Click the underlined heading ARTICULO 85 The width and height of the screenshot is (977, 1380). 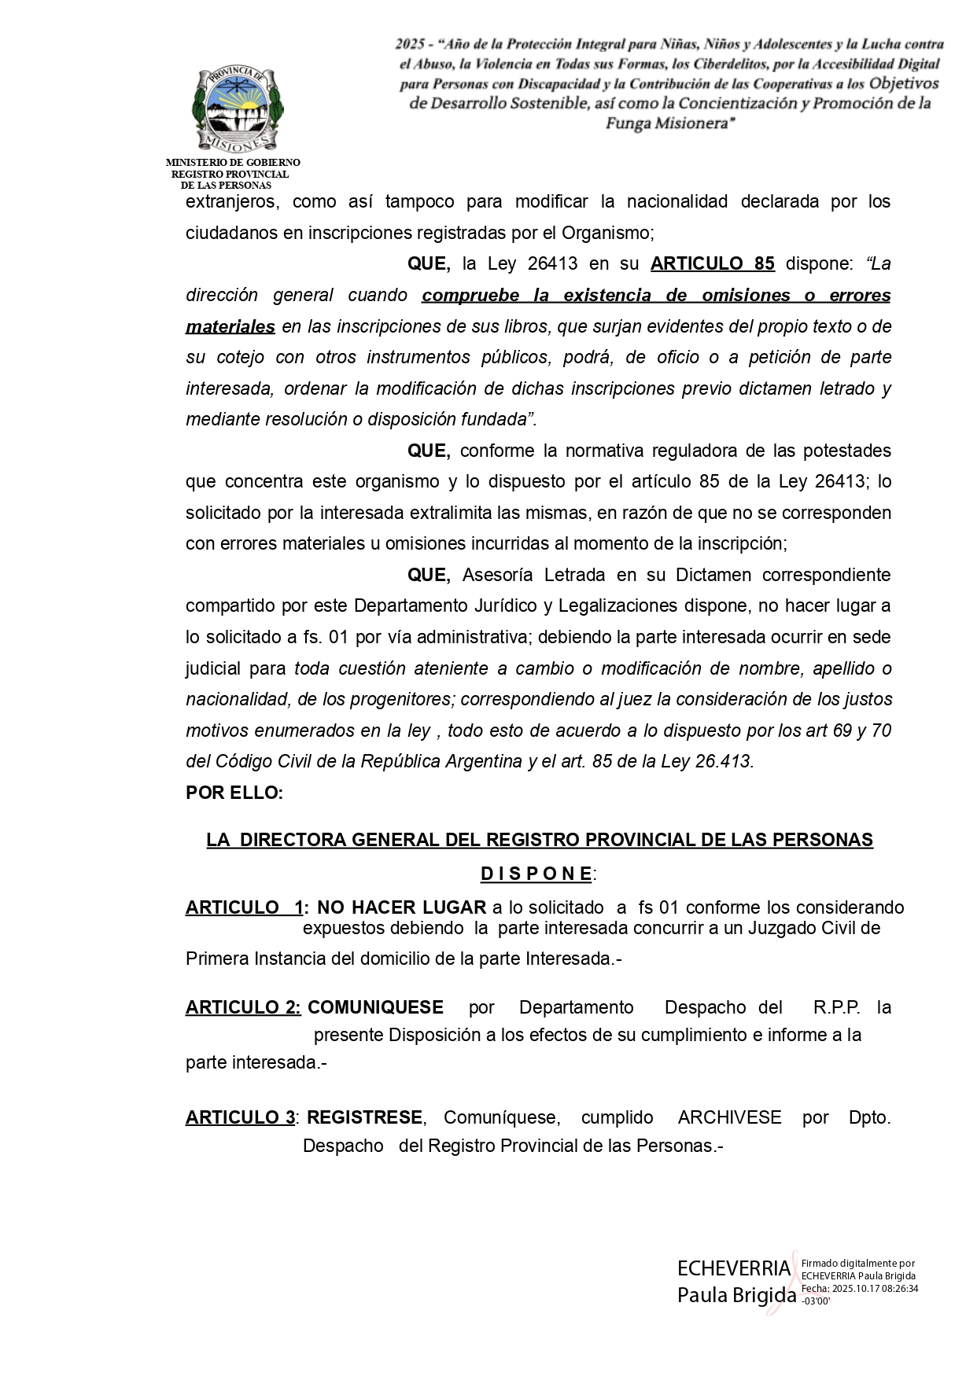click(x=712, y=264)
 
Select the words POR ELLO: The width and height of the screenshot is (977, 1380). click(x=234, y=793)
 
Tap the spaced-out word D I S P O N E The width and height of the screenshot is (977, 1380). click(x=536, y=874)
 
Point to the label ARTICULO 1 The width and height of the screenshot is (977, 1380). click(x=244, y=908)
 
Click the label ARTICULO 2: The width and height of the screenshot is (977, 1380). click(x=243, y=1008)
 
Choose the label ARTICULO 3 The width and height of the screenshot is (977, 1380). click(x=240, y=1118)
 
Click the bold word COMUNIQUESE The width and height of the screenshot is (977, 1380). click(x=375, y=1008)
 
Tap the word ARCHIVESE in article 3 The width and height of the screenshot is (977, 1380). click(x=729, y=1118)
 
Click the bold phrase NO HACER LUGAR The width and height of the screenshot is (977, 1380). click(x=401, y=908)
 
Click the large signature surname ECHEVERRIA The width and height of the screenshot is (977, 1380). click(x=733, y=1268)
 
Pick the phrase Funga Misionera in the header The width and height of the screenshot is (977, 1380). click(x=670, y=123)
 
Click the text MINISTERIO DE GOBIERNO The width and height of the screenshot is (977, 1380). click(x=233, y=162)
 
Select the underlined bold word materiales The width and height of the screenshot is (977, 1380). click(x=230, y=326)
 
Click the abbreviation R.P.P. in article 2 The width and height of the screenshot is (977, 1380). click(x=836, y=1008)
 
